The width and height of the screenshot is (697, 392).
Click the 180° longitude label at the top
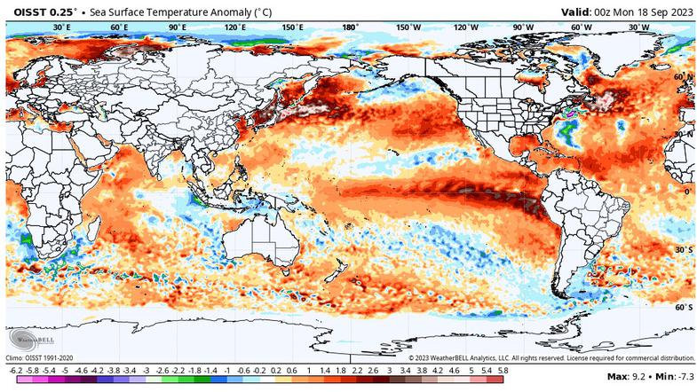(350, 27)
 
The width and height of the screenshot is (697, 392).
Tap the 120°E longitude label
(234, 27)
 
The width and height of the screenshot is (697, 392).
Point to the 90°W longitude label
(524, 27)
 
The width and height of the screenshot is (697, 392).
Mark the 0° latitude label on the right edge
(686, 192)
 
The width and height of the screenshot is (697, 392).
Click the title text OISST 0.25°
(43, 11)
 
